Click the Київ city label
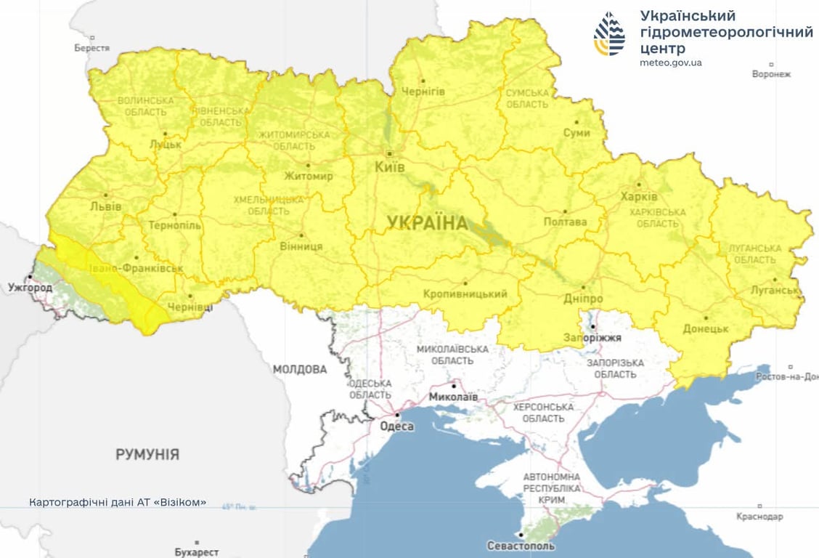390,166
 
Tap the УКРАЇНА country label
428,223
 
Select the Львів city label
105,206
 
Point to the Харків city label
639,197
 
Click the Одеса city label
396,426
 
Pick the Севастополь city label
521,546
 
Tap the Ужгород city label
30,288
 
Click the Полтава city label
565,222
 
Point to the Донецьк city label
705,329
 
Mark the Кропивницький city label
465,294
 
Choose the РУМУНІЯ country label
147,455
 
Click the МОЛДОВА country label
299,370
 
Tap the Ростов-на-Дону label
786,376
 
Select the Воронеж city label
771,74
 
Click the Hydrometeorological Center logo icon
609,34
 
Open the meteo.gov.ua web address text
671,62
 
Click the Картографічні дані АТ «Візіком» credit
118,502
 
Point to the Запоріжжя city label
592,338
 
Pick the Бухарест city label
197,552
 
